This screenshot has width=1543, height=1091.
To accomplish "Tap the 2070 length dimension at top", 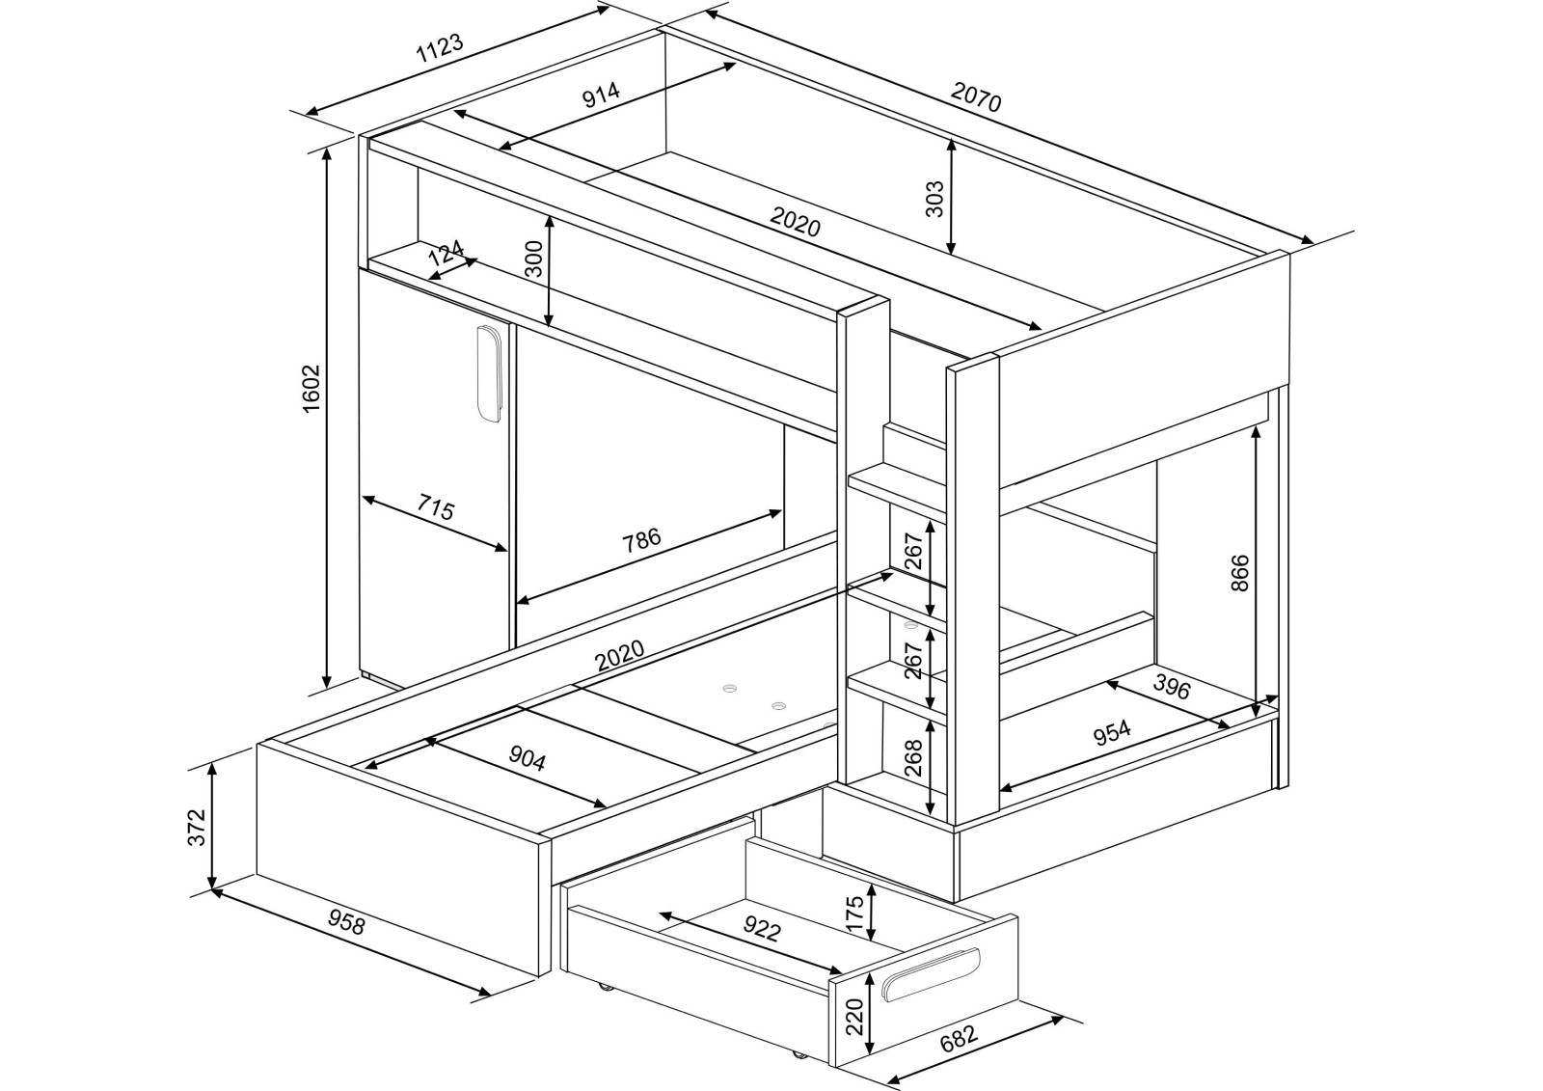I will [x=976, y=97].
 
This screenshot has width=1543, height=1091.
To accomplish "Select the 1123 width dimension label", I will [x=441, y=49].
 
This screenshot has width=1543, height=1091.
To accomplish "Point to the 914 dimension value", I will [x=601, y=95].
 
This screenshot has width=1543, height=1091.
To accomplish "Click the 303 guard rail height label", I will [x=934, y=199].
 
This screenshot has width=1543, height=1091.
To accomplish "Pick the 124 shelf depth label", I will [x=446, y=256].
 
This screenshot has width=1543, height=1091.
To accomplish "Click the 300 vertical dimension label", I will [x=534, y=259].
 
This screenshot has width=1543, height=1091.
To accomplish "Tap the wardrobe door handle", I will [x=490, y=373].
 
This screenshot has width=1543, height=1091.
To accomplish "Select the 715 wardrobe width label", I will [x=436, y=506].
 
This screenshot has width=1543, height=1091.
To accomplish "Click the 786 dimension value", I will [x=640, y=538].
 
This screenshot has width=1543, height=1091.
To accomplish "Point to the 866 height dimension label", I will [x=1240, y=572].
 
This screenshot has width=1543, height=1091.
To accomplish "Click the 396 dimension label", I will [x=1172, y=687].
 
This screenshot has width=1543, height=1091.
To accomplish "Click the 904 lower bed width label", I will [x=528, y=760].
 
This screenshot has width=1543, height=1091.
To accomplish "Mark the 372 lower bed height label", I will [x=196, y=827].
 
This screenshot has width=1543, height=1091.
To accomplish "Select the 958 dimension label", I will [x=346, y=923].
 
